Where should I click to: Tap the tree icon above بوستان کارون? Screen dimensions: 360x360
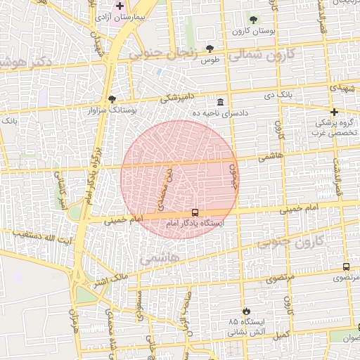point(253,20)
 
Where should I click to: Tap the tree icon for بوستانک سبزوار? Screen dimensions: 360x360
point(112,99)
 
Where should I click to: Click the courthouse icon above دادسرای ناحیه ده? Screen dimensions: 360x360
point(221,101)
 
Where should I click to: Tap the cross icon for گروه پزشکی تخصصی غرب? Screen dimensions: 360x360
point(334,112)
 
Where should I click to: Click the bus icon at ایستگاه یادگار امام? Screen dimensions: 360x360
point(195,212)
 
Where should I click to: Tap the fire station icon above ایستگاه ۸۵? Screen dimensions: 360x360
point(245,311)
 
